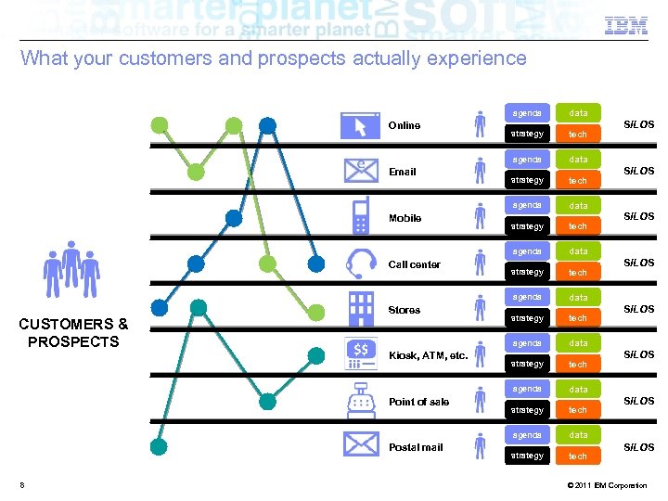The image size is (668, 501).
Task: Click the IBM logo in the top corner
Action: (626, 27)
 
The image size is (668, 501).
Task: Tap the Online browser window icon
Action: (360, 125)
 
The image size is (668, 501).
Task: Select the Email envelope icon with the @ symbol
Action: (360, 171)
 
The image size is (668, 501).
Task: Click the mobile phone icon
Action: (360, 216)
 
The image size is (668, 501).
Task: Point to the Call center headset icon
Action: (360, 263)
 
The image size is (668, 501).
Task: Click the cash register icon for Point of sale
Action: (360, 401)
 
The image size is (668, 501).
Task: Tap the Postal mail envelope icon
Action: (360, 446)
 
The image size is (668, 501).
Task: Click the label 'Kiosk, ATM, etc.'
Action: (428, 355)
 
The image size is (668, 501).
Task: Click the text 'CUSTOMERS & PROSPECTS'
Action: (73, 332)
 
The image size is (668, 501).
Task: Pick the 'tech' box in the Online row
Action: (578, 135)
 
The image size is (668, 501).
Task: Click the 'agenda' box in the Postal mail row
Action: (527, 435)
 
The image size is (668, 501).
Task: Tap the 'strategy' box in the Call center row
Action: (527, 273)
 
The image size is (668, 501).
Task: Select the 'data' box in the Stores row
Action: (578, 298)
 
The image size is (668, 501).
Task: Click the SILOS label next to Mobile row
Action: (638, 216)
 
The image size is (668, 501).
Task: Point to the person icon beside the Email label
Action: (480, 171)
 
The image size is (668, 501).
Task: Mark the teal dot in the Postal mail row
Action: (160, 446)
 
